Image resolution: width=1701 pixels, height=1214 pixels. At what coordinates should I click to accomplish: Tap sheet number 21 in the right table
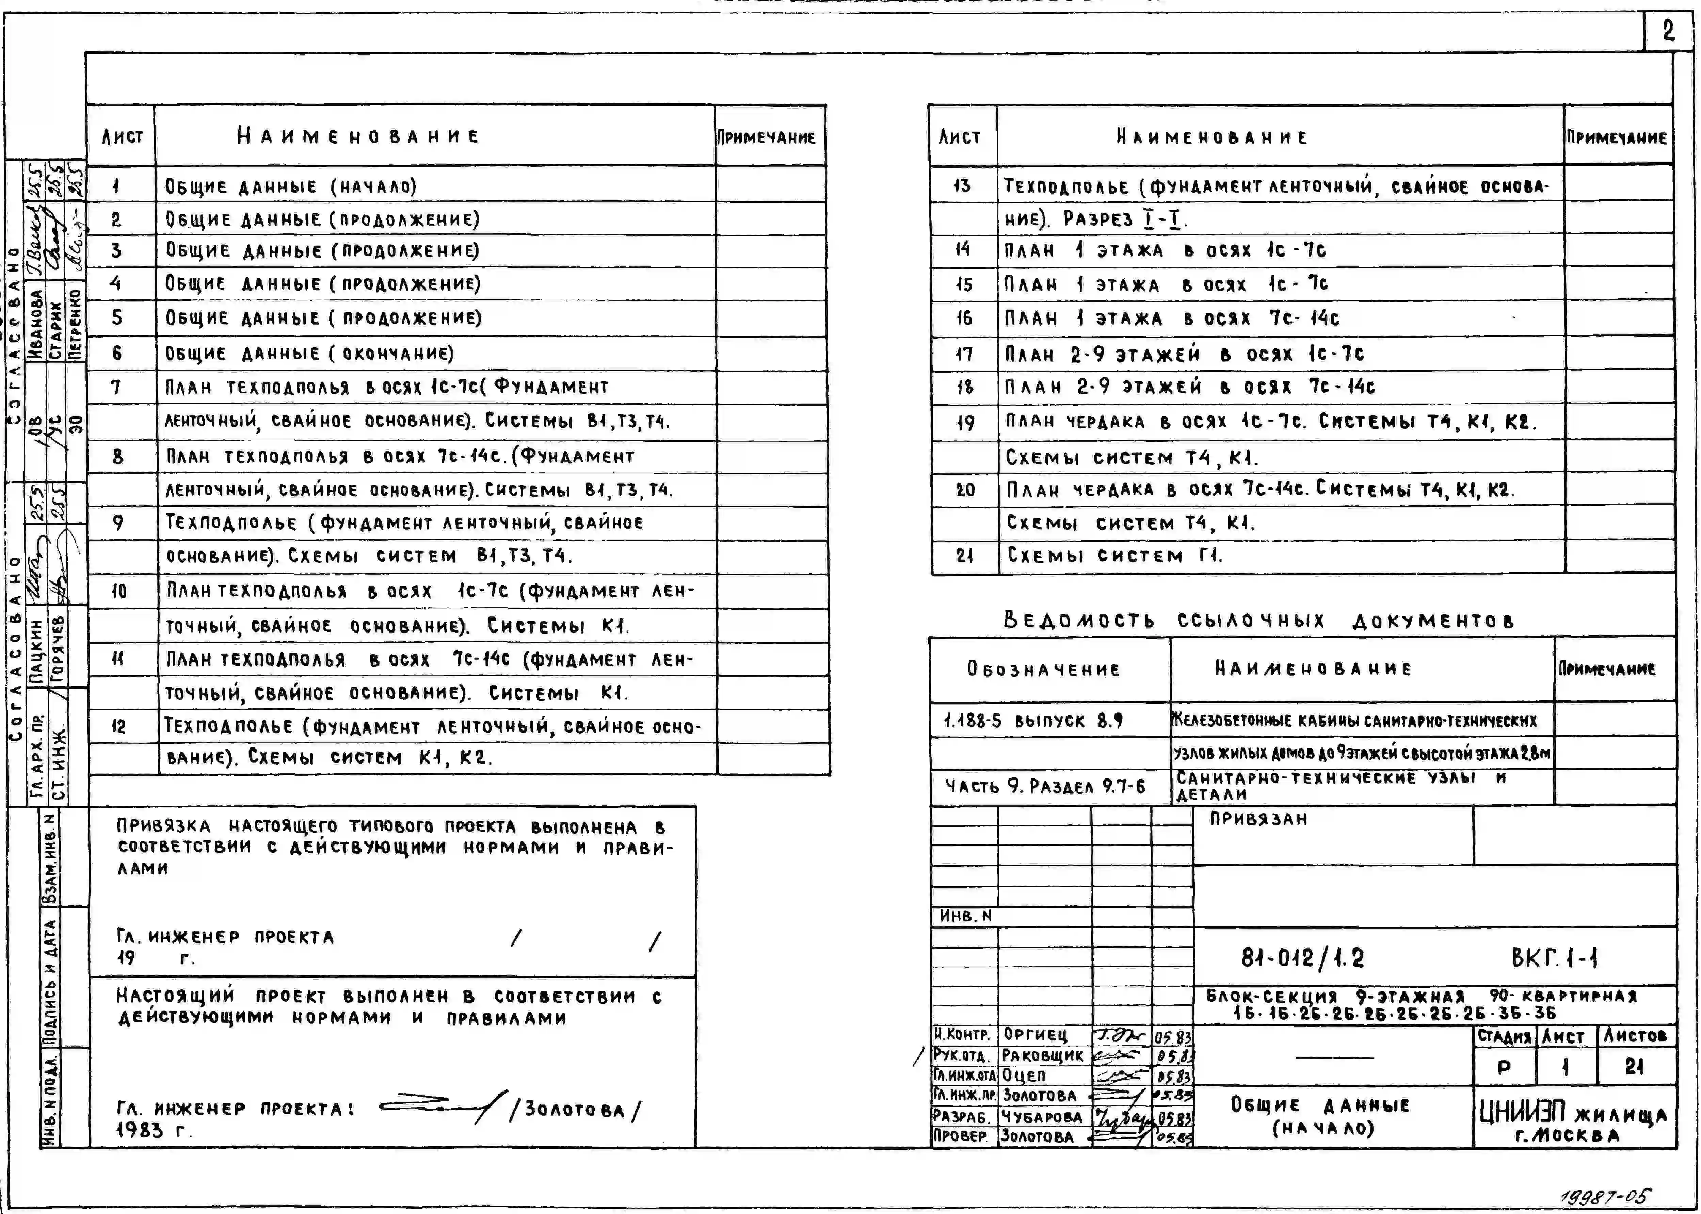coord(964,555)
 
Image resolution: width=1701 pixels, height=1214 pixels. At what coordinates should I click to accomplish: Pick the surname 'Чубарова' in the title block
coord(1042,1117)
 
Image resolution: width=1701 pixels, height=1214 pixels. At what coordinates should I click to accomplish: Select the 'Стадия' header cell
coord(1504,1036)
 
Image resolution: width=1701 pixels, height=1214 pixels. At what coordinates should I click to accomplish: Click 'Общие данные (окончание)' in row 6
coord(309,354)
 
